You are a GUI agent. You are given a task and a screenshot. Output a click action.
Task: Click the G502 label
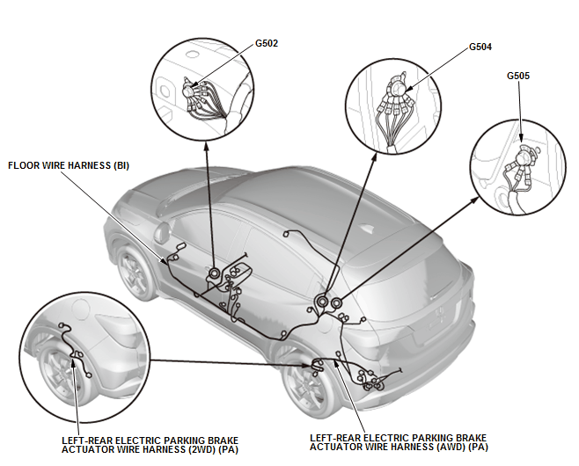coord(267,42)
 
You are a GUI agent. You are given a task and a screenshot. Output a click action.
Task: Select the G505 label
coord(518,76)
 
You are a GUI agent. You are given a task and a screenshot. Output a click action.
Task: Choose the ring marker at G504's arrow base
coord(322,302)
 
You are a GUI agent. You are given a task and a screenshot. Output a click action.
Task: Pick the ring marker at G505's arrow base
coord(336,304)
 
